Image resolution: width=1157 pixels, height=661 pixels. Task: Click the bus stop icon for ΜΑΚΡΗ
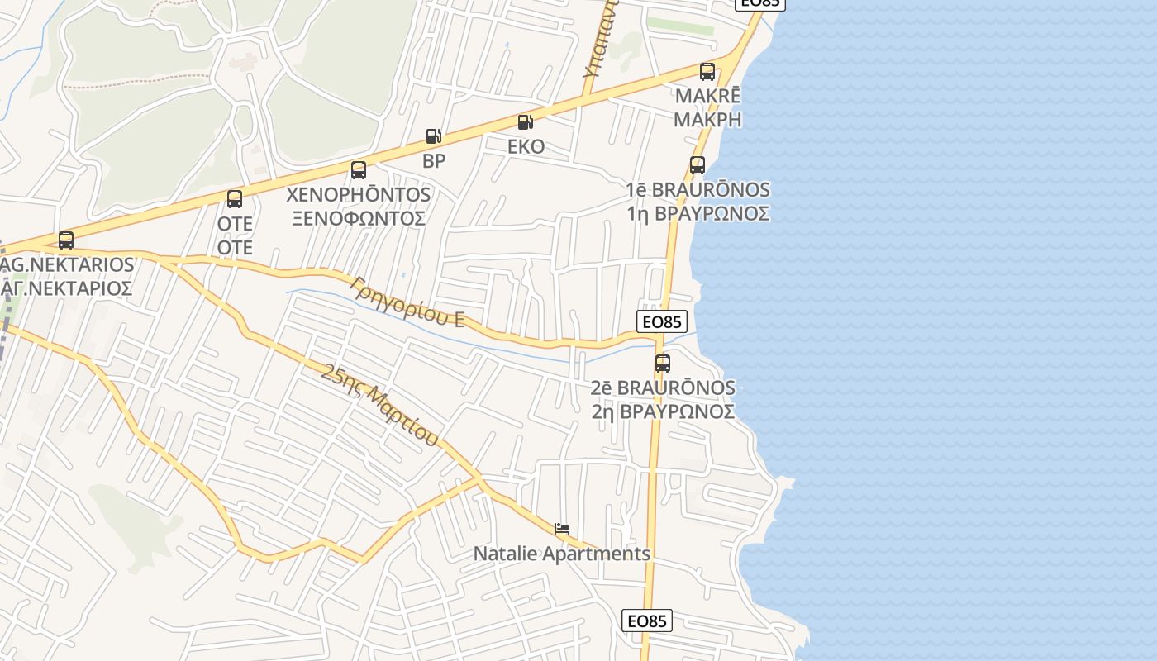point(707,72)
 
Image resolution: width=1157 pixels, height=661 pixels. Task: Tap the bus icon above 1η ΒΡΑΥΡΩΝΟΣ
point(698,165)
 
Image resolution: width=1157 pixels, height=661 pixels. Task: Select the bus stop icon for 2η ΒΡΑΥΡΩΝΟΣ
point(662,364)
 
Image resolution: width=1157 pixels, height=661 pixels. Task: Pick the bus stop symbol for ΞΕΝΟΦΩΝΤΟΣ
point(359,170)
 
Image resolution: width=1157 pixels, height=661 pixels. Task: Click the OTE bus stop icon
point(235,199)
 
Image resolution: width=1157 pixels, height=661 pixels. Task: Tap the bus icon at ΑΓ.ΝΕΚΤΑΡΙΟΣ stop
point(66,240)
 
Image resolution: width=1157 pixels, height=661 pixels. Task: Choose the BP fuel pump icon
point(433,136)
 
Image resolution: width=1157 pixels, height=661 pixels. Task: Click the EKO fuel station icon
point(525,122)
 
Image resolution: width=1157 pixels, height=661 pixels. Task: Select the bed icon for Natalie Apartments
point(562,529)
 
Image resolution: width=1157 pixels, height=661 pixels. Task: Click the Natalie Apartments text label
point(562,554)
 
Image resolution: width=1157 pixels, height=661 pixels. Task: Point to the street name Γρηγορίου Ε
point(407,302)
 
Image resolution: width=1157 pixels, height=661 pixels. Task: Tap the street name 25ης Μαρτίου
point(379,405)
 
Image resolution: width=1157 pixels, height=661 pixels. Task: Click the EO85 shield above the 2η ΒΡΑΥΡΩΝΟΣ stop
point(662,322)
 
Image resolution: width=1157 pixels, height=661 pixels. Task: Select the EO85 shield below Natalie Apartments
point(646,621)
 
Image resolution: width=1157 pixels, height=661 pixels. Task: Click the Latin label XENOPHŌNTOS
point(358,195)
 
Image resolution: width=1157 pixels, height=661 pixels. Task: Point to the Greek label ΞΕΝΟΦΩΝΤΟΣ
point(358,218)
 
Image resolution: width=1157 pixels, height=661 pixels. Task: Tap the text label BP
point(434,161)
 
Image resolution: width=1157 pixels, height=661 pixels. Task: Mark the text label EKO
point(526,147)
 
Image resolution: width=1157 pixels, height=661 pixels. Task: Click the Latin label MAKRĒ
point(707,96)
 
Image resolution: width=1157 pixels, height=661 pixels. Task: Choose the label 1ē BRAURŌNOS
point(698,190)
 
